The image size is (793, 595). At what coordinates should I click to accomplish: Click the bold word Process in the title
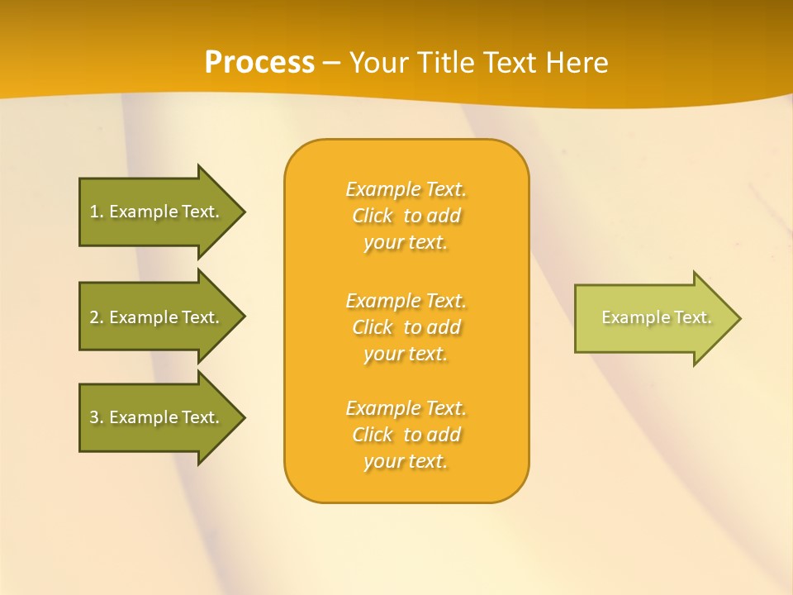coord(259,63)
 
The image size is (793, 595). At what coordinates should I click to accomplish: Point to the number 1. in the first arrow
coord(97,212)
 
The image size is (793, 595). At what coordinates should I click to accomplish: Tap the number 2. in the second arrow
coord(97,317)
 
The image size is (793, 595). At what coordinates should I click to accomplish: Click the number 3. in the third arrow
coord(97,417)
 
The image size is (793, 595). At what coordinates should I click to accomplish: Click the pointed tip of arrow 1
coord(242,212)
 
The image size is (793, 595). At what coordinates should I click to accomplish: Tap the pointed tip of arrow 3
coord(242,417)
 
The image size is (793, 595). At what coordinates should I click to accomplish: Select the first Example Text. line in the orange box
coord(406,189)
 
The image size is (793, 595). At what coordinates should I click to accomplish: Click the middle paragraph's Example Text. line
coord(406,300)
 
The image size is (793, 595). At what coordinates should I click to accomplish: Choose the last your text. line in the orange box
coord(406,461)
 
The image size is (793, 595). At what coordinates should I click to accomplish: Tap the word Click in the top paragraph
coord(373,216)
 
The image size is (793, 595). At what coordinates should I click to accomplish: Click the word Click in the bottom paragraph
coord(373,435)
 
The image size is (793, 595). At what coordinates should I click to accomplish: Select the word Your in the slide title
coord(377,63)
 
